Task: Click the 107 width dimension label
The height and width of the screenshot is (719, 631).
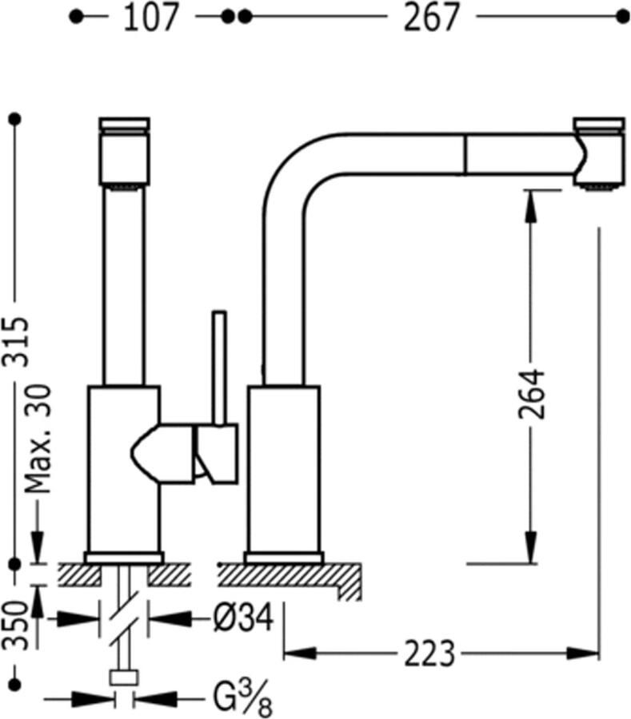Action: click(x=150, y=18)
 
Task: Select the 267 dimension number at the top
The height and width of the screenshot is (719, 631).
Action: click(x=431, y=18)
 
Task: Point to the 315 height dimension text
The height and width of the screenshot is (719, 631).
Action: click(x=16, y=341)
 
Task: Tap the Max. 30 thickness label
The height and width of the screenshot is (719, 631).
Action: click(x=38, y=439)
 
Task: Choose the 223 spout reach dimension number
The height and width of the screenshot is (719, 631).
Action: click(x=429, y=653)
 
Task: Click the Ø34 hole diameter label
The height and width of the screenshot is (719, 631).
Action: click(x=244, y=618)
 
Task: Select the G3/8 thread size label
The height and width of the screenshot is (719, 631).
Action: click(x=243, y=699)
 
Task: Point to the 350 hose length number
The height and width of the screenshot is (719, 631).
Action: click(x=16, y=625)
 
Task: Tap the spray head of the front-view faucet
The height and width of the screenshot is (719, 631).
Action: click(x=125, y=151)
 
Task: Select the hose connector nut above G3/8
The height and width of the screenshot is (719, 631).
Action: click(x=124, y=677)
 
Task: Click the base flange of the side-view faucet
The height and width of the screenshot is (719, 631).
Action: click(x=284, y=558)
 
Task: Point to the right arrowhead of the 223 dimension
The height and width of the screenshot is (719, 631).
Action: click(x=583, y=653)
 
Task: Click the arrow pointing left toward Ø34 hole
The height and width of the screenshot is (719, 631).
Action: click(x=169, y=618)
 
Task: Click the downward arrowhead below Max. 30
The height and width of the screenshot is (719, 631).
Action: click(x=38, y=546)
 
